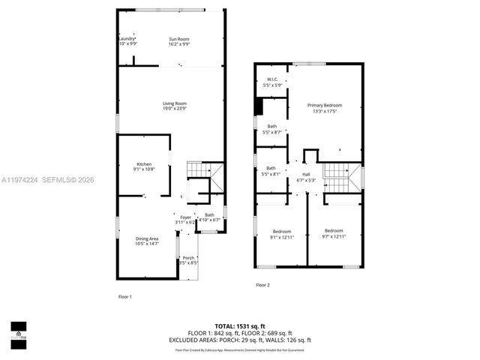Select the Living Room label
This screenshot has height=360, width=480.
click(x=175, y=103)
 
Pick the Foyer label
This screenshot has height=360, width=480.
click(x=185, y=217)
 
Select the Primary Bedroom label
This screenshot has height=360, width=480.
click(x=324, y=105)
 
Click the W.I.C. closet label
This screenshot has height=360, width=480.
click(x=271, y=79)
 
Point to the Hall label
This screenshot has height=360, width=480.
click(x=306, y=174)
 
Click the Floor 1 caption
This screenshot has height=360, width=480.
click(x=124, y=297)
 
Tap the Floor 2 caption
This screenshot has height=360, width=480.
click(x=262, y=285)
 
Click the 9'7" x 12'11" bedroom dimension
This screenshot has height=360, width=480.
click(x=333, y=236)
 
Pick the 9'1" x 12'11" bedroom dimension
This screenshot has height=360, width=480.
click(x=281, y=238)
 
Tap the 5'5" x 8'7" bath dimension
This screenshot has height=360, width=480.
click(x=271, y=132)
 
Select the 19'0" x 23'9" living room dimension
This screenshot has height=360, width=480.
click(x=175, y=109)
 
